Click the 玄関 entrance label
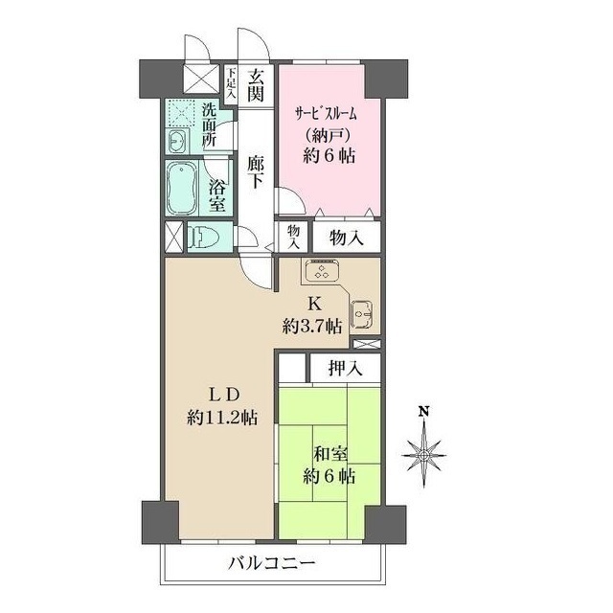(x=253, y=84)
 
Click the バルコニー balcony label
(x=271, y=562)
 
